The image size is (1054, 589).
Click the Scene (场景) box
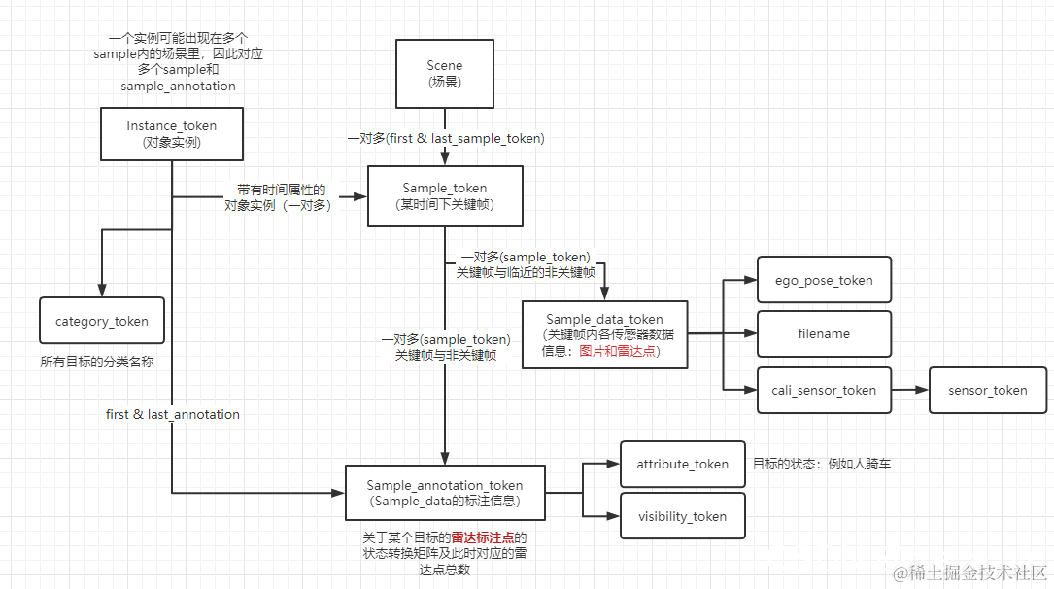tap(444, 73)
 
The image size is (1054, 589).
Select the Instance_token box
tap(172, 133)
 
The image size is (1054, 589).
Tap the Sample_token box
tap(445, 195)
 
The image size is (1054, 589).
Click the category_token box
tap(102, 321)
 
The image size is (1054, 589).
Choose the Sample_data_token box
tap(604, 334)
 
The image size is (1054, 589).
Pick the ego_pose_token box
tap(824, 280)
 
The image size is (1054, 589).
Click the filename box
tap(824, 333)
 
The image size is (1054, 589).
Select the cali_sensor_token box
tap(824, 390)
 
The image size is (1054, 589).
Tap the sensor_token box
tap(988, 390)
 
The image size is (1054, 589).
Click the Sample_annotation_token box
tap(445, 492)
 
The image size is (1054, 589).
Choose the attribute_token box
tap(682, 464)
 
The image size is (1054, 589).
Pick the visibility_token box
tap(682, 516)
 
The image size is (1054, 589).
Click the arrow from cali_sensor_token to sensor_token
tap(909, 390)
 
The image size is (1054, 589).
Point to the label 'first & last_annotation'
tap(173, 414)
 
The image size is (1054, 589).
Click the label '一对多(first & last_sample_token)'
tap(446, 139)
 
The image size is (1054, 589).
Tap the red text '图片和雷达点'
tap(618, 351)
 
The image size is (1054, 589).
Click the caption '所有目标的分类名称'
tap(97, 362)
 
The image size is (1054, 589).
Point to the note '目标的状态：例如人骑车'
tap(821, 464)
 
